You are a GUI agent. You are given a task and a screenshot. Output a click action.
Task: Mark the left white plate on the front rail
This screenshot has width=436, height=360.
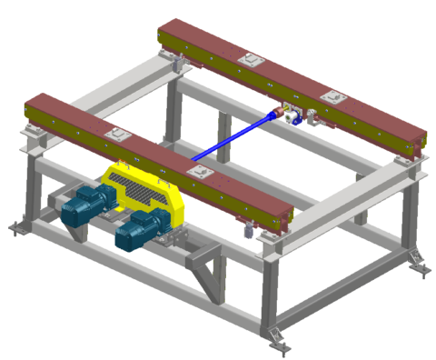click(x=115, y=135)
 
